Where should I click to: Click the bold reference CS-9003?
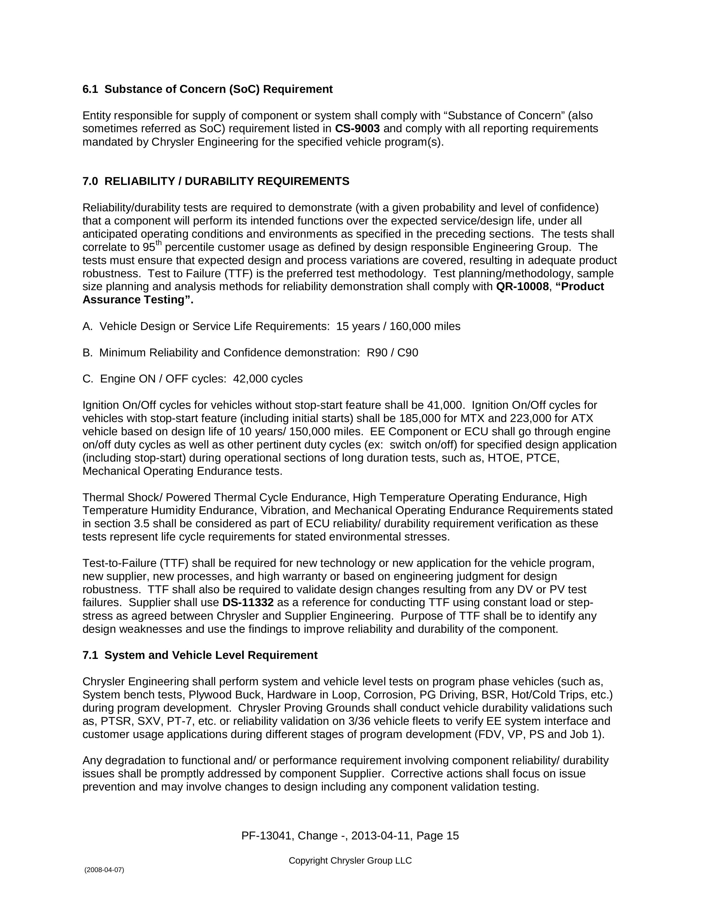point(357,129)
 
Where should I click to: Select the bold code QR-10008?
point(522,287)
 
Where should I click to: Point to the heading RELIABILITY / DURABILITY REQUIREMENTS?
point(227,182)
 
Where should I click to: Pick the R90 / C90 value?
point(392,353)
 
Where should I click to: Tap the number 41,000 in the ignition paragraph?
point(445,405)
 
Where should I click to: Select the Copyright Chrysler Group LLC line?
point(350,861)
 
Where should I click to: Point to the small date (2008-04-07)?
point(104,870)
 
